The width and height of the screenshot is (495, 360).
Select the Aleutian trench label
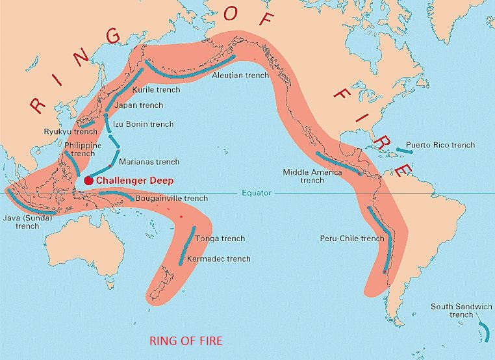(240, 75)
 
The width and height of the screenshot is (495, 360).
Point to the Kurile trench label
(156, 90)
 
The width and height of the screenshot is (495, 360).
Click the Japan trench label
(138, 105)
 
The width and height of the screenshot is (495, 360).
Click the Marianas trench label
(149, 161)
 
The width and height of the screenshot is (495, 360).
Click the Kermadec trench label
(218, 259)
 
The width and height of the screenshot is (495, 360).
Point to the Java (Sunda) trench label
(27, 222)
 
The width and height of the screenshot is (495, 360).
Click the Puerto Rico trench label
(440, 145)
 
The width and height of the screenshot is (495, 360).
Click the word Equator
(257, 193)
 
